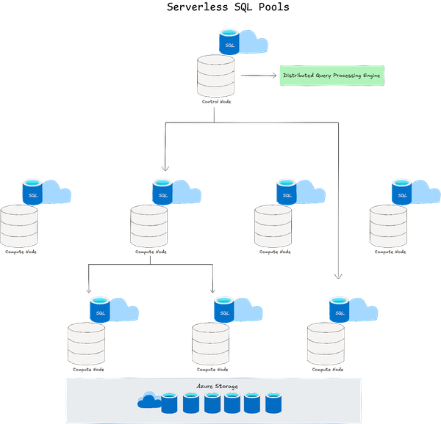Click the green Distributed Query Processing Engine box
[331, 76]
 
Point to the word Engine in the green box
[370, 76]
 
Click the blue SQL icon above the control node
[229, 42]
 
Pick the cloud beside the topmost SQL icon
[254, 43]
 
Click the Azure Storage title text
[217, 386]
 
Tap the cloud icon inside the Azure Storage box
[148, 400]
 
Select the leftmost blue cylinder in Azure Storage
[170, 402]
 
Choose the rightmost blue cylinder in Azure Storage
[273, 402]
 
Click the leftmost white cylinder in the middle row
[19, 226]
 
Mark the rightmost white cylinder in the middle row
[388, 226]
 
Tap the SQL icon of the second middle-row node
[162, 191]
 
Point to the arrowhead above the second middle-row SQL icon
[165, 169]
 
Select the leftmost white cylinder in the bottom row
[86, 344]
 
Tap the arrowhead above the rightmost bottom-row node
[338, 277]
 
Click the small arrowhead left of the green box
[273, 76]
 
